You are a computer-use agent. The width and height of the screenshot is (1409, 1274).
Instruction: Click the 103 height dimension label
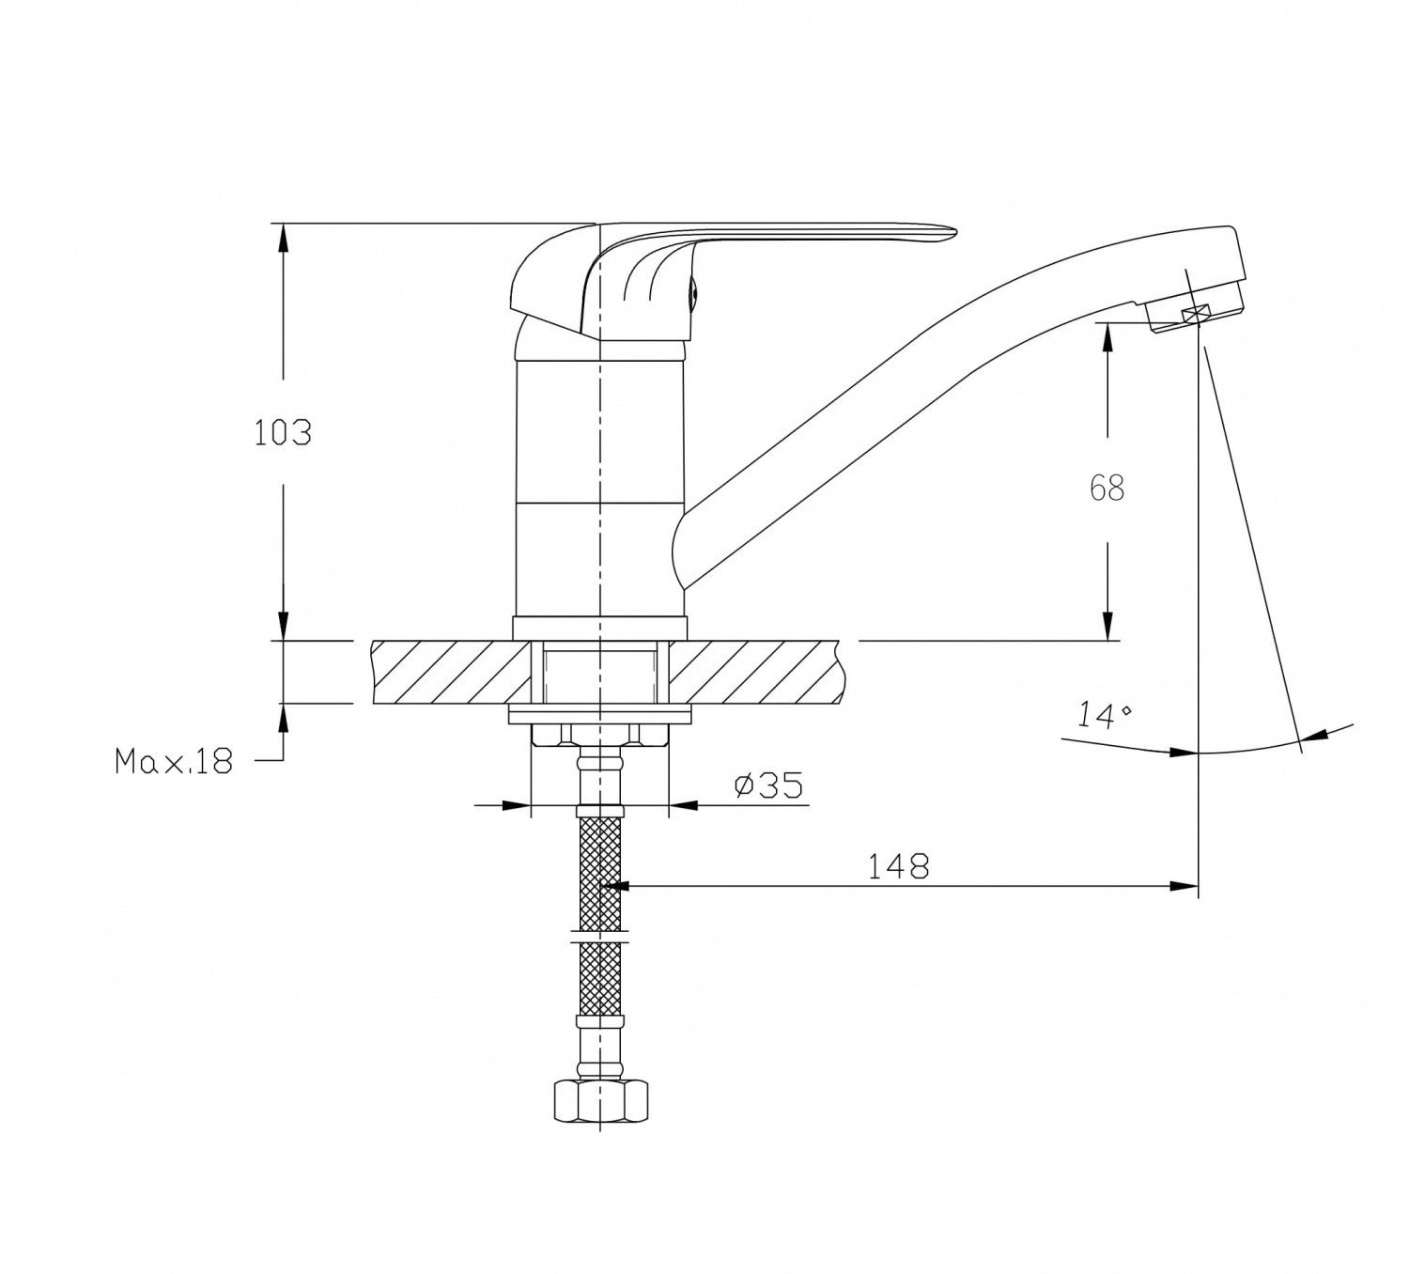(x=283, y=433)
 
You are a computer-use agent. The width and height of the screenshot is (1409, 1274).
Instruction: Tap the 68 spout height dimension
(x=1107, y=488)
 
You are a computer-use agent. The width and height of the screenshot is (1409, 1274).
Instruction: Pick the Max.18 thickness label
(x=173, y=760)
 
